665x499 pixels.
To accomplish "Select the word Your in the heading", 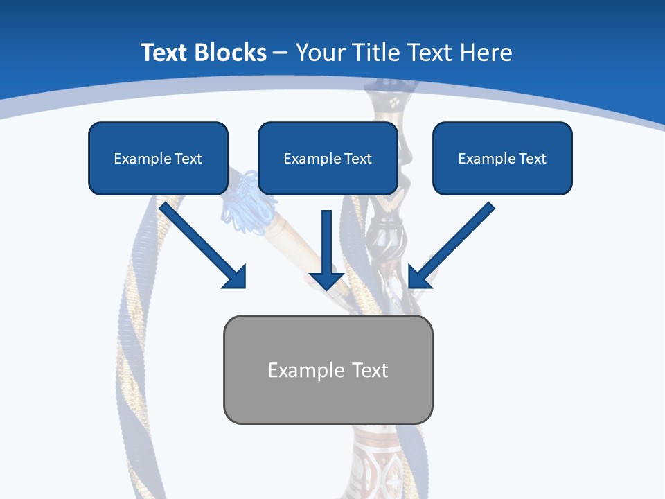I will [x=321, y=53].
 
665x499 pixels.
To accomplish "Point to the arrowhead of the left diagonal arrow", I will [x=236, y=277].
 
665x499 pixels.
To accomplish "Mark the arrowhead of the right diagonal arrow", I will [x=419, y=277].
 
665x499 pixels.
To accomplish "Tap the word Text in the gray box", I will [x=371, y=370].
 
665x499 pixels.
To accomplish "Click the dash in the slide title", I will [x=281, y=53].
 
